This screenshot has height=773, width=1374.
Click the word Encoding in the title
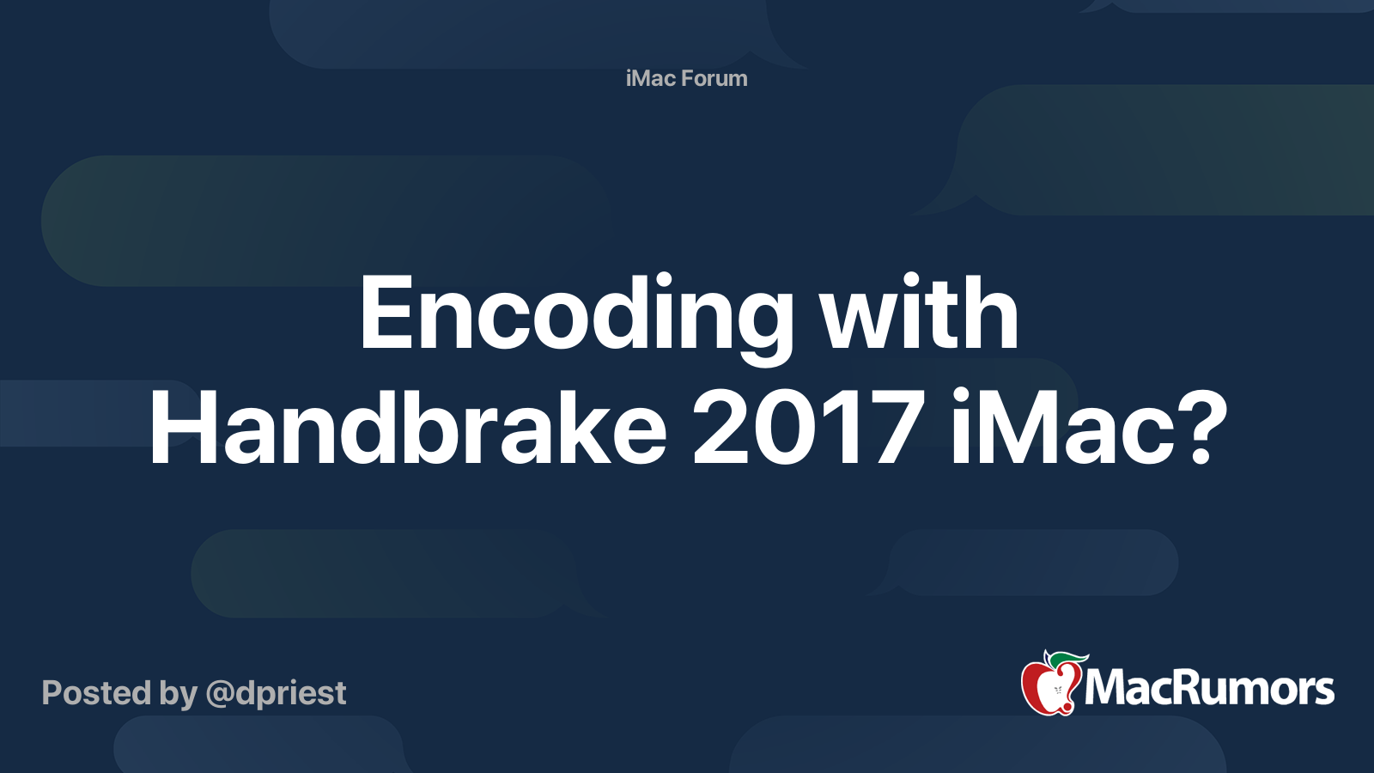(x=576, y=315)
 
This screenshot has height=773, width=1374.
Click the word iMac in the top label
(x=651, y=78)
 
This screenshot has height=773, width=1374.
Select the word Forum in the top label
(x=715, y=78)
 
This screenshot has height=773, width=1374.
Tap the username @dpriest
(x=276, y=694)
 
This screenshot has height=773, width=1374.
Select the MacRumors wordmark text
(x=1209, y=688)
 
